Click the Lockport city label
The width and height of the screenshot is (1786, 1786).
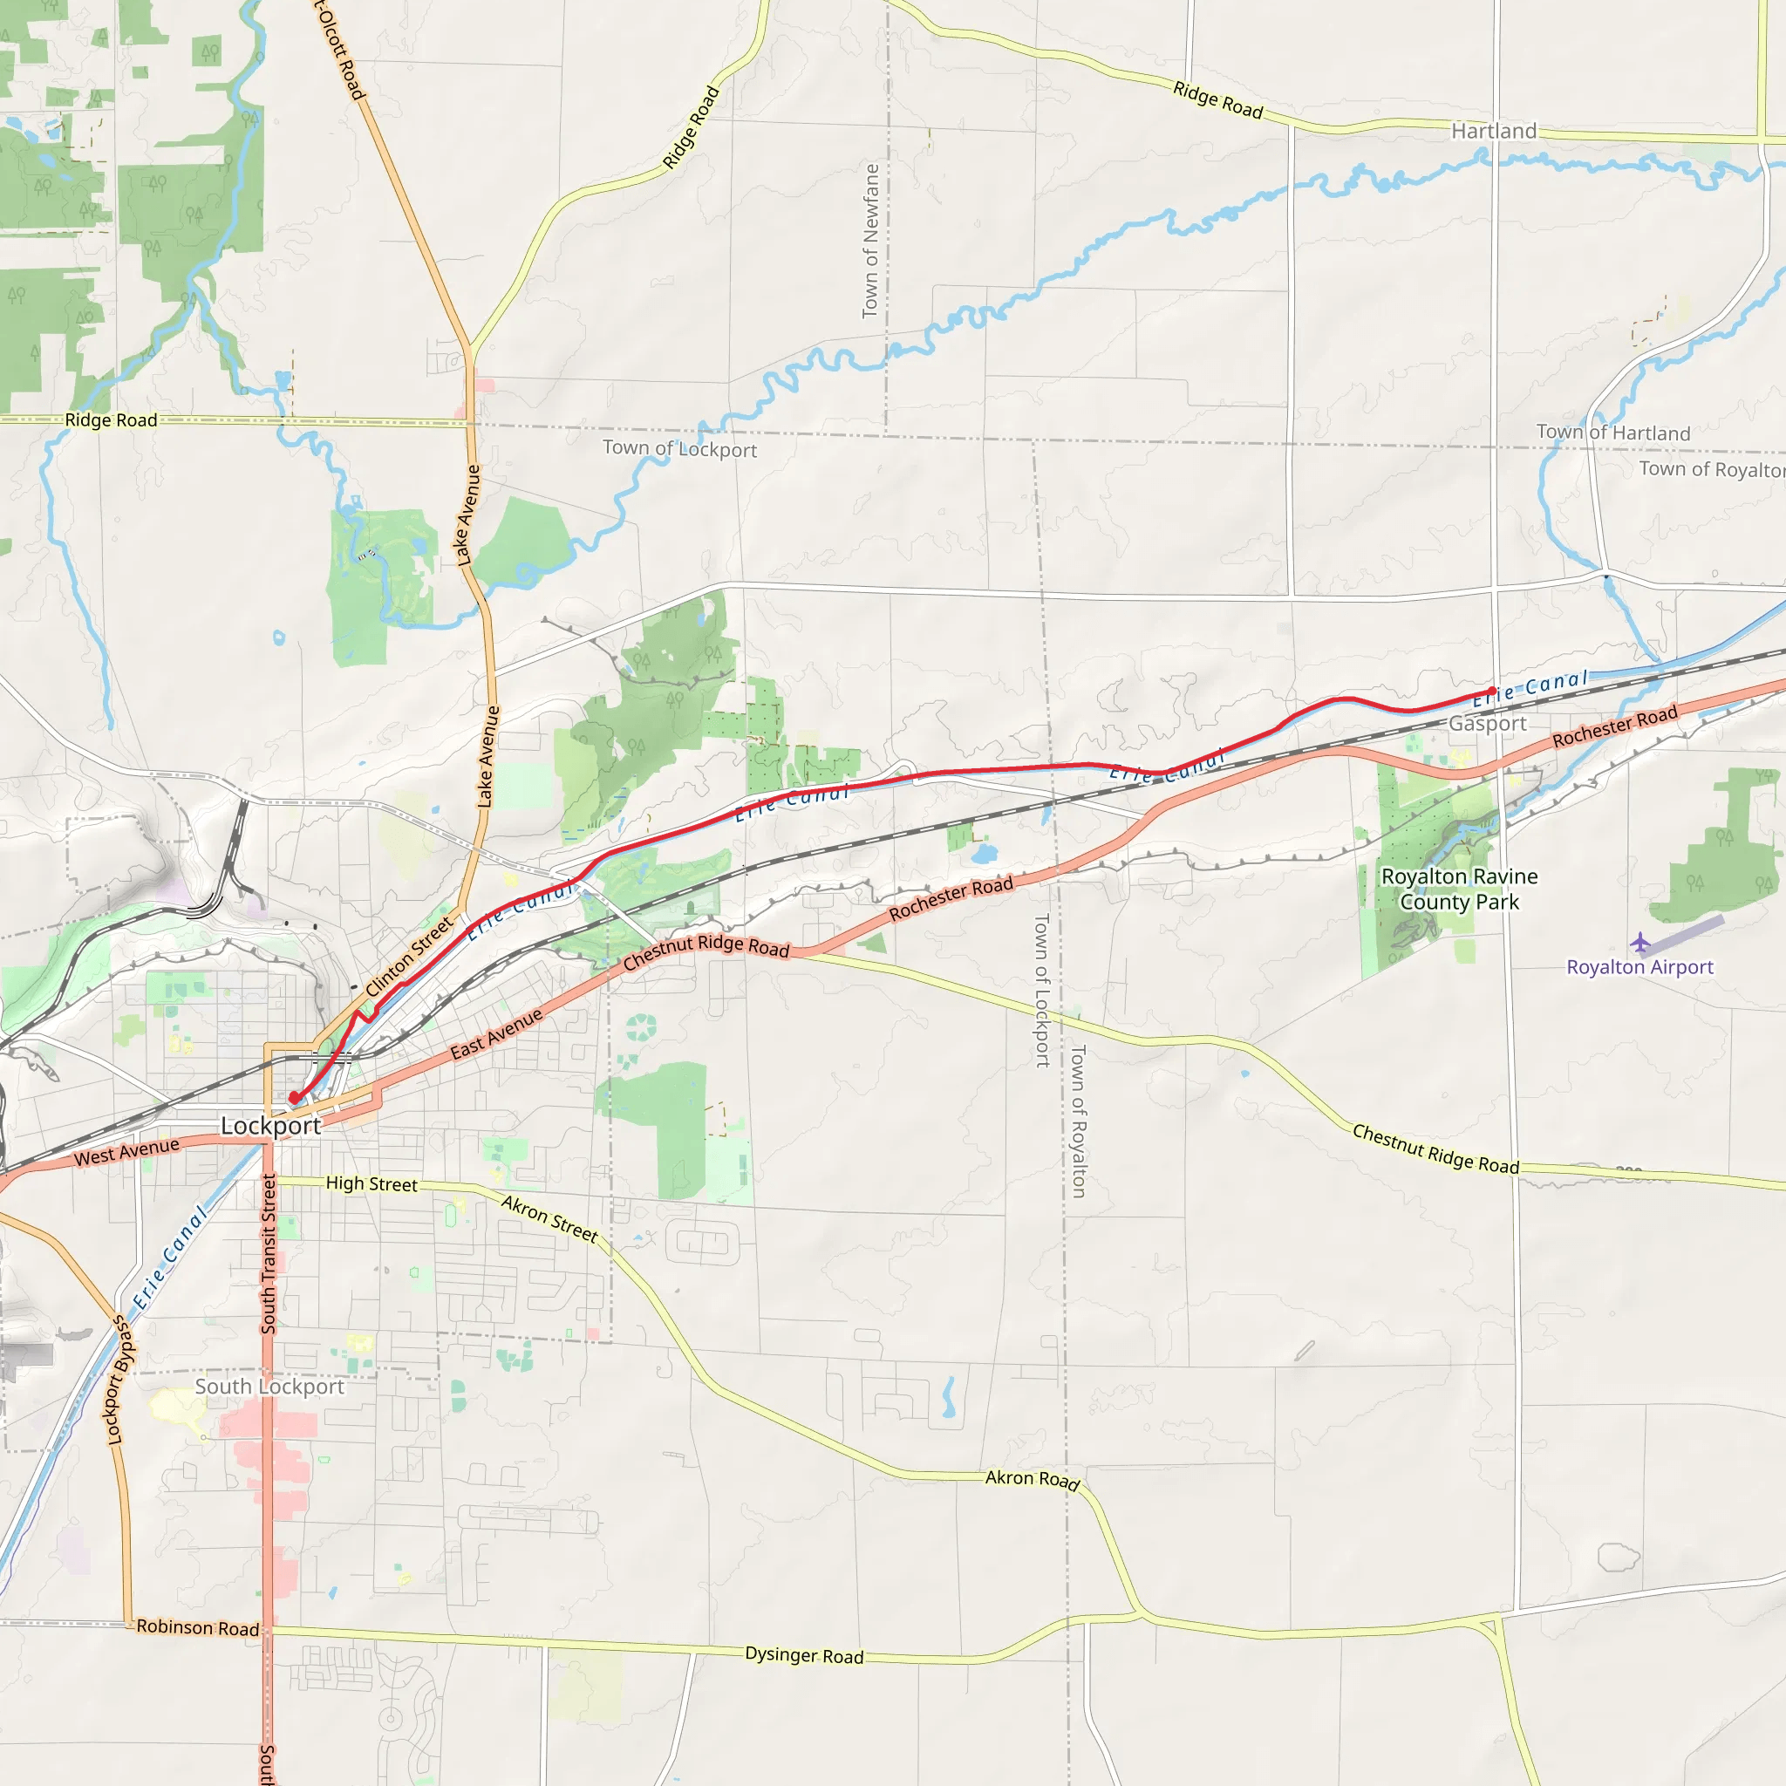tap(270, 1126)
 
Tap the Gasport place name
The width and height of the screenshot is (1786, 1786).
tap(1488, 723)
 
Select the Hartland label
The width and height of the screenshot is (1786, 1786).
tap(1494, 132)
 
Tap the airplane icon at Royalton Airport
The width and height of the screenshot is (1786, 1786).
tap(1640, 943)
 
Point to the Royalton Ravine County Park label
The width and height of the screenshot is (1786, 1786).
tap(1459, 889)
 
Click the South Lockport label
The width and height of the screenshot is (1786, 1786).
tap(269, 1387)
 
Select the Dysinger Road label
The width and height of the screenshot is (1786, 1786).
tap(804, 1656)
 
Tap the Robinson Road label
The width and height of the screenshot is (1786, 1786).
tap(198, 1628)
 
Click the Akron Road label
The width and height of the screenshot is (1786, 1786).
tap(1032, 1480)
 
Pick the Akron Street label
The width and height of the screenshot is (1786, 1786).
tap(549, 1218)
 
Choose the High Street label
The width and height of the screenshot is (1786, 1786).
tap(371, 1184)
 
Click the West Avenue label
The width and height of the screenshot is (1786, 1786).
tap(126, 1152)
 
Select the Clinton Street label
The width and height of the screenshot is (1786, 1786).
tap(410, 956)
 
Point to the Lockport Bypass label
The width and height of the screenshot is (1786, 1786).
tap(121, 1380)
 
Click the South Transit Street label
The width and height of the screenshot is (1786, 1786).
tap(268, 1253)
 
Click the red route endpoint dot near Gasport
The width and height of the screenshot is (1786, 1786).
tap(1492, 692)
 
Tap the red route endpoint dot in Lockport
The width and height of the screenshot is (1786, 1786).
tap(294, 1097)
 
